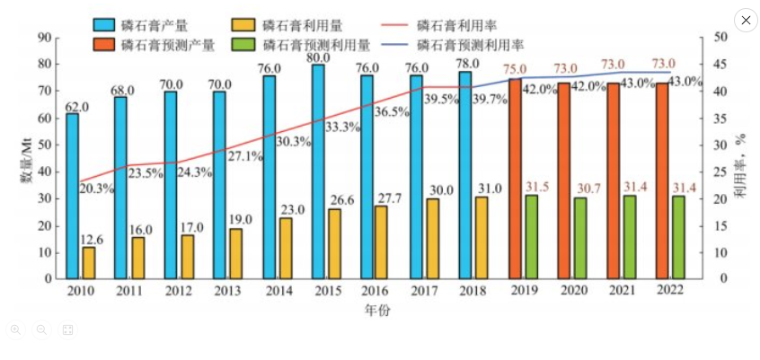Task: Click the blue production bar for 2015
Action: (318, 171)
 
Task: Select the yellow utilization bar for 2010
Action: (89, 262)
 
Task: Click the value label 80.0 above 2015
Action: (319, 57)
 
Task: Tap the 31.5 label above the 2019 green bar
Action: (537, 187)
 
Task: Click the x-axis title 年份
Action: (377, 311)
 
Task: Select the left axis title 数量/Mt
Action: (28, 159)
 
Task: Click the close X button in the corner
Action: (746, 21)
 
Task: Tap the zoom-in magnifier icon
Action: (15, 330)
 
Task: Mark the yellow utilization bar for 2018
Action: (482, 237)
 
